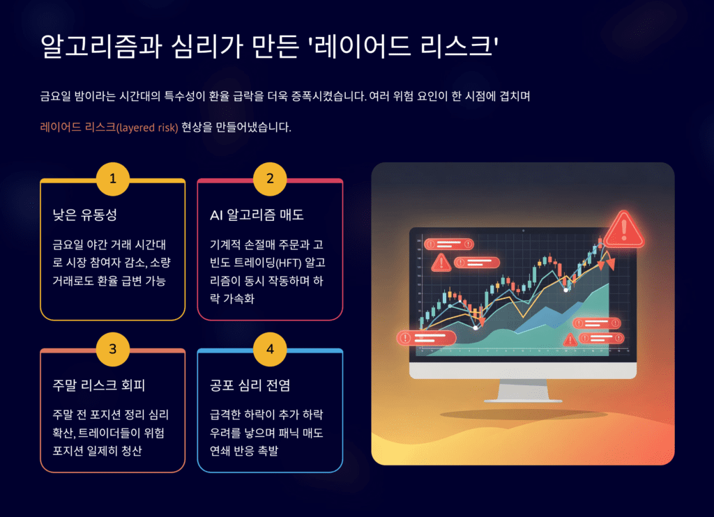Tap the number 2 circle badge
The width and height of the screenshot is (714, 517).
click(270, 180)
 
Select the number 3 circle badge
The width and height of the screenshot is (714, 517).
click(113, 350)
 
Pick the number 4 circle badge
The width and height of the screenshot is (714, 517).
click(270, 350)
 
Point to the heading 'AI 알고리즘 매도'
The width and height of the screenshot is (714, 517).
click(257, 215)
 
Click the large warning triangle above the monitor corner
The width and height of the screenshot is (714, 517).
click(624, 228)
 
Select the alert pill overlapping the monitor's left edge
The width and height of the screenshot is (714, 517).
click(426, 338)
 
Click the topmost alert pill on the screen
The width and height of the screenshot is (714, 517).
click(449, 244)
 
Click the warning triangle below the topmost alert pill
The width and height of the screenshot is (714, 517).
click(441, 263)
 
